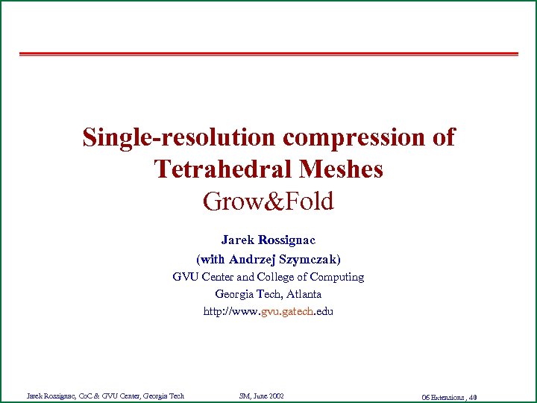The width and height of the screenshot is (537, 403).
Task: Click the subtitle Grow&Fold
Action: coord(268,201)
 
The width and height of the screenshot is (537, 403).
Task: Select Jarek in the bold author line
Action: coord(236,240)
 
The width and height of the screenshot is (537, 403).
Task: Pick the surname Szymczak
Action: coord(309,259)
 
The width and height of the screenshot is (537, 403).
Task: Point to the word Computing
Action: coord(336,277)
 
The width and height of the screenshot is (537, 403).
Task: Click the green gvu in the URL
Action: coord(271,312)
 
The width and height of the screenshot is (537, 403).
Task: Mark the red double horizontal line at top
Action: coord(268,54)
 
